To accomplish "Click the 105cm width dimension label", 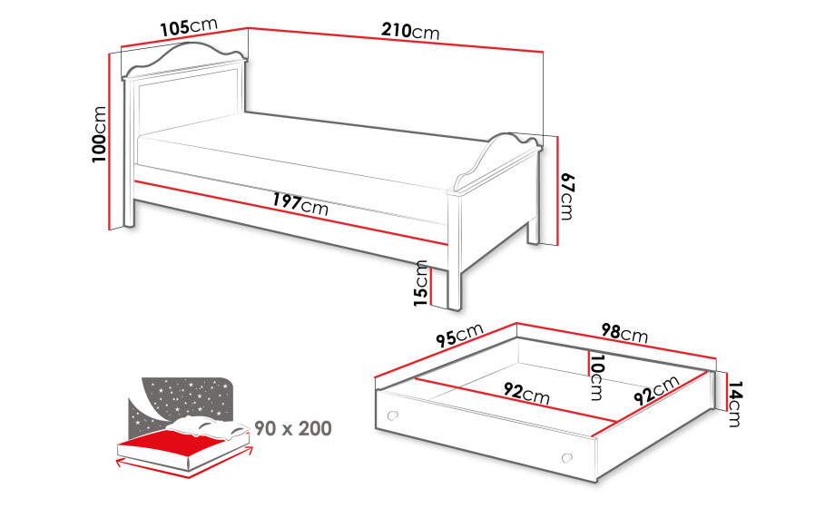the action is pyautogui.click(x=189, y=27).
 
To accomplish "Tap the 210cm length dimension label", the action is pyautogui.click(x=410, y=31).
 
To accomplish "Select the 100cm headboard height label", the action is pyautogui.click(x=99, y=134).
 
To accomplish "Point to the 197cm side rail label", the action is pyautogui.click(x=300, y=204).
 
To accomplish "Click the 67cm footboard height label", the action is pyautogui.click(x=566, y=196).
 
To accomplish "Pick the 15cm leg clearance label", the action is pyautogui.click(x=421, y=283).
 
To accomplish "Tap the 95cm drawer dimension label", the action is pyautogui.click(x=459, y=335).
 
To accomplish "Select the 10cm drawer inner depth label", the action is pyautogui.click(x=596, y=377).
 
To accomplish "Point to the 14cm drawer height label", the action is pyautogui.click(x=734, y=404).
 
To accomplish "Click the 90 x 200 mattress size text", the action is pyautogui.click(x=293, y=428).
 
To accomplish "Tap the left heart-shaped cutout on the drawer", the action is pyautogui.click(x=392, y=415).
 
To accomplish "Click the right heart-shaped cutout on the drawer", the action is pyautogui.click(x=566, y=458).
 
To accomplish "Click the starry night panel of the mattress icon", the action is pyautogui.click(x=179, y=400).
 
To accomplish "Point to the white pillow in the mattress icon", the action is pyautogui.click(x=211, y=426).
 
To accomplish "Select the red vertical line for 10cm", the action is pyautogui.click(x=587, y=363).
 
